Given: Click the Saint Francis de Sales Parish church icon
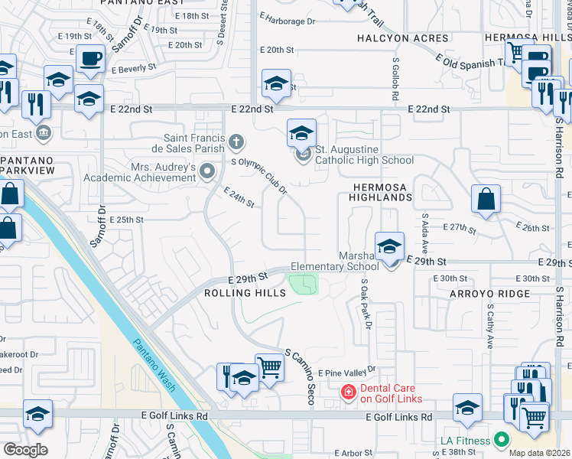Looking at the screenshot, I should [237, 142].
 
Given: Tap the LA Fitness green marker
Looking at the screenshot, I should [502, 440].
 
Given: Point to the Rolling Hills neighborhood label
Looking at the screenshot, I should [239, 293].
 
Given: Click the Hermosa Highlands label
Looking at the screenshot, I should [382, 191].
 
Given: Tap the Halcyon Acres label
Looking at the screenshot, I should [402, 38].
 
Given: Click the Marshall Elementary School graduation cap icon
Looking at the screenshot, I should [390, 246].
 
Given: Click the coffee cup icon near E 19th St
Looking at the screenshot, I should [90, 58].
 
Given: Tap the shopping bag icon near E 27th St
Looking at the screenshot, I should [486, 200].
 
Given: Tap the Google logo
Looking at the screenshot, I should [25, 450].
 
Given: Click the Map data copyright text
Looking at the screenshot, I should [540, 453].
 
